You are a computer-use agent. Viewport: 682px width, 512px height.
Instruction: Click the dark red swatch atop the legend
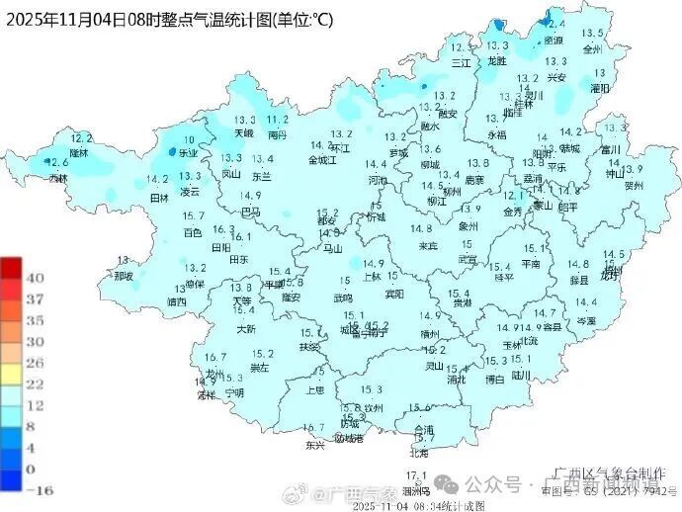(12, 268)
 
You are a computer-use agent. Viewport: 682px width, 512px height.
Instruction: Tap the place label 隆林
(78, 152)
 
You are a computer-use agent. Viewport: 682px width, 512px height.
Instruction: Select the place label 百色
(193, 232)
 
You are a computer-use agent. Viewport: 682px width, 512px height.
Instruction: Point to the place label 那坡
(123, 276)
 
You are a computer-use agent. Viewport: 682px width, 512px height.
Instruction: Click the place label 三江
(462, 61)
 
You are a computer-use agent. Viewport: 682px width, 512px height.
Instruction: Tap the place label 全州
(592, 47)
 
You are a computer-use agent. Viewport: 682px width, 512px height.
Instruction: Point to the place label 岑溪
(586, 320)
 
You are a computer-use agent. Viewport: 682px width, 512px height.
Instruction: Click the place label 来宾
(427, 245)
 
